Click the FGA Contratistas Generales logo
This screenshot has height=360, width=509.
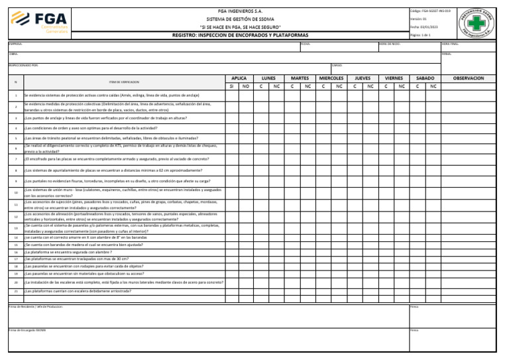(42, 21)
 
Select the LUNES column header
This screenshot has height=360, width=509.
(268, 78)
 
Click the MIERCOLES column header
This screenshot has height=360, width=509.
(331, 78)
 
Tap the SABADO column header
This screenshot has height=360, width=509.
(425, 78)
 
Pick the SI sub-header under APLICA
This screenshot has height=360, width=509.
(231, 86)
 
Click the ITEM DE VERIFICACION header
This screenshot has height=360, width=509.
(124, 82)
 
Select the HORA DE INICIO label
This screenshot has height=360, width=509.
(390, 44)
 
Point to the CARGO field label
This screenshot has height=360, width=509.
(337, 66)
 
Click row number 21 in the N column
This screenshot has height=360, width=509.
(16, 290)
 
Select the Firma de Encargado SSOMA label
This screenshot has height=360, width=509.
(27, 330)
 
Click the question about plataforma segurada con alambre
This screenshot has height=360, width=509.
(68, 252)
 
